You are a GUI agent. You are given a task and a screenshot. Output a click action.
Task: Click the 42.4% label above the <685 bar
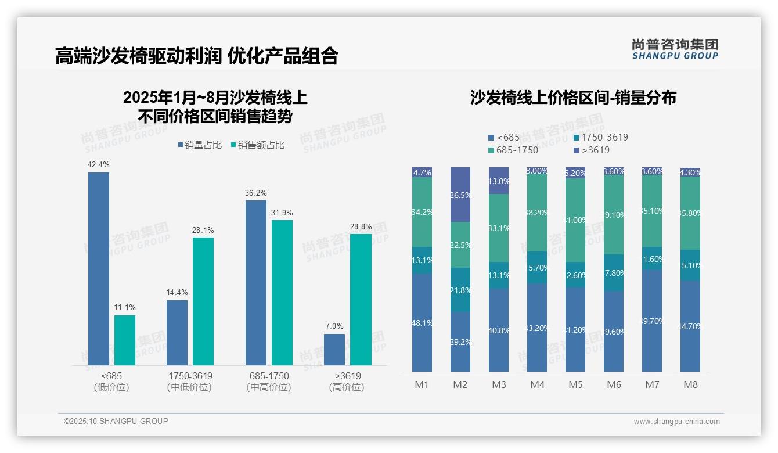click(98, 164)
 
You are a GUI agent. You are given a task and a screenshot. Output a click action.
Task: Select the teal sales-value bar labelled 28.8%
click(361, 299)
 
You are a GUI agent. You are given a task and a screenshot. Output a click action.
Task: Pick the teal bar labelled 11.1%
click(125, 340)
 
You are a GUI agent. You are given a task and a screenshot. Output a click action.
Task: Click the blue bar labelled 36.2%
click(256, 282)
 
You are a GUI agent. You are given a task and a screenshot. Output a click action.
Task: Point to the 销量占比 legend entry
click(199, 145)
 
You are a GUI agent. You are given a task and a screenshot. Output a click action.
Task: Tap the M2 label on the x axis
click(460, 384)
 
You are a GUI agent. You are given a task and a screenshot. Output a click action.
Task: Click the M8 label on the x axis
click(690, 384)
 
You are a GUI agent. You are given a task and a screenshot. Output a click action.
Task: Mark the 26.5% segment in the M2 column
click(460, 195)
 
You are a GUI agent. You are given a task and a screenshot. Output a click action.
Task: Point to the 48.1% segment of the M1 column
click(422, 322)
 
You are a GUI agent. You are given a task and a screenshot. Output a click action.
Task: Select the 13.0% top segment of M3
click(499, 181)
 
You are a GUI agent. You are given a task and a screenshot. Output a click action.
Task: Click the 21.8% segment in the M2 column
click(460, 290)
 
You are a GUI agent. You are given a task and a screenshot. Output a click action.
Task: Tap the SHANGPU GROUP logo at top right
click(675, 49)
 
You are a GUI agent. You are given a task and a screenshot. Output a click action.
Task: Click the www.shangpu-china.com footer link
click(676, 422)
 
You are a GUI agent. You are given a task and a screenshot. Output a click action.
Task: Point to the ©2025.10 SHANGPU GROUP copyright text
click(116, 422)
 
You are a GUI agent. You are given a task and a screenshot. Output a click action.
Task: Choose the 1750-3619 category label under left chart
click(190, 382)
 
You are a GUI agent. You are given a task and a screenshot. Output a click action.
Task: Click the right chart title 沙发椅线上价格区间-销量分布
click(573, 98)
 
